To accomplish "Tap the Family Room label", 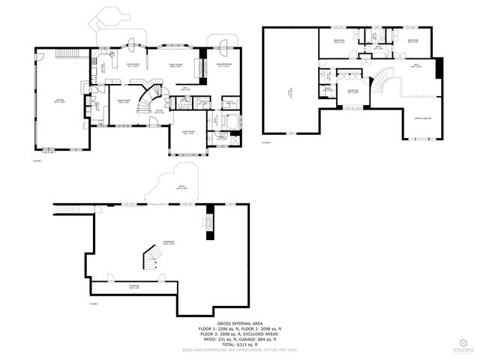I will (x=175, y=65).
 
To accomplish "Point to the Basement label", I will (x=169, y=242).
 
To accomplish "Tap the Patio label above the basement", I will (x=181, y=187).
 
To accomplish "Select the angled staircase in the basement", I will (x=151, y=259).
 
